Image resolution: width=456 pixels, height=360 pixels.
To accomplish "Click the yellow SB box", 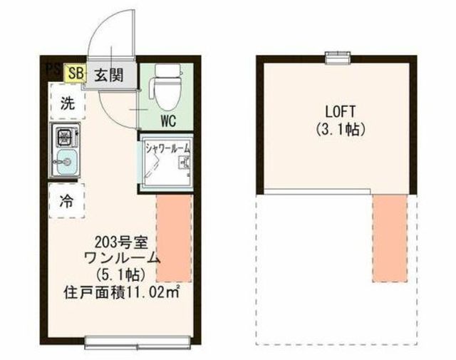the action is pos(76,73).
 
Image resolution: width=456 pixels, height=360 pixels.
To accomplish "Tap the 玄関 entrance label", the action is pos(109,75).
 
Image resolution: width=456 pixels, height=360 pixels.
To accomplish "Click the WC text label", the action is pos(168,120).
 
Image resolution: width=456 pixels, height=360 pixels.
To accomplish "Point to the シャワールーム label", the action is pos(168,149).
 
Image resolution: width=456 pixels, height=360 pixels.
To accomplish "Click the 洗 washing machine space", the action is pos(68,101).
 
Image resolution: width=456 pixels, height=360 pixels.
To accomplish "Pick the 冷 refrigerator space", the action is pos(66,200).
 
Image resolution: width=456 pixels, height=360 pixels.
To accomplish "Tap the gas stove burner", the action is pos(65,136).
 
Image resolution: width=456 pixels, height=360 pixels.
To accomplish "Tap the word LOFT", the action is pos(341,111).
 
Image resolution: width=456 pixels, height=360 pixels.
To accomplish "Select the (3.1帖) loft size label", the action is pos(341,130).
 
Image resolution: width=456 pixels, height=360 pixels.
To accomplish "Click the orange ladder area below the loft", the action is pos(390,238).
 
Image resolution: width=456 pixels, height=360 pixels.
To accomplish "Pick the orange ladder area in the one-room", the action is pos(174,238).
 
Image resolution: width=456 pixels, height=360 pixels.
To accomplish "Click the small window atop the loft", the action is pos(337,57).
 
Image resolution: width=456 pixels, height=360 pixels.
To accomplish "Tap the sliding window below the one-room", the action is pos(138,342).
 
